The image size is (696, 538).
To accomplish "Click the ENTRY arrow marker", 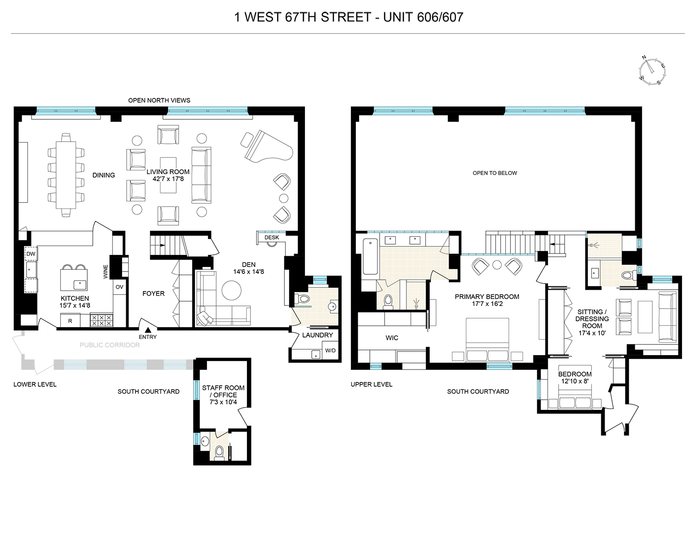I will [x=148, y=330].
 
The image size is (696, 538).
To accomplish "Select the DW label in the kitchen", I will [x=31, y=254].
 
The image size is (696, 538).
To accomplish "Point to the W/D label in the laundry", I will [x=330, y=351].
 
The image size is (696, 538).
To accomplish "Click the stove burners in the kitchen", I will [x=101, y=320].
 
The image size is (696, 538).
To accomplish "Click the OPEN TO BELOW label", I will [x=495, y=173].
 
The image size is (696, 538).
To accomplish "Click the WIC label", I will [x=392, y=338].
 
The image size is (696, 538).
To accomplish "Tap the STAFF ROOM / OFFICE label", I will [x=223, y=395].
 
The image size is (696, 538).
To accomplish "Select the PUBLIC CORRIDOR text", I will [x=110, y=345].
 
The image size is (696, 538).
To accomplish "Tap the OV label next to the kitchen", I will [x=119, y=287].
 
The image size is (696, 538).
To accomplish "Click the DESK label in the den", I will [x=271, y=237].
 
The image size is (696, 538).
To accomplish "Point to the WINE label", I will [x=105, y=272].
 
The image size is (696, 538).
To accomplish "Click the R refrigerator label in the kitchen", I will [x=70, y=321].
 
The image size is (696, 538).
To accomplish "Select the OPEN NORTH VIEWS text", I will [x=159, y=100].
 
